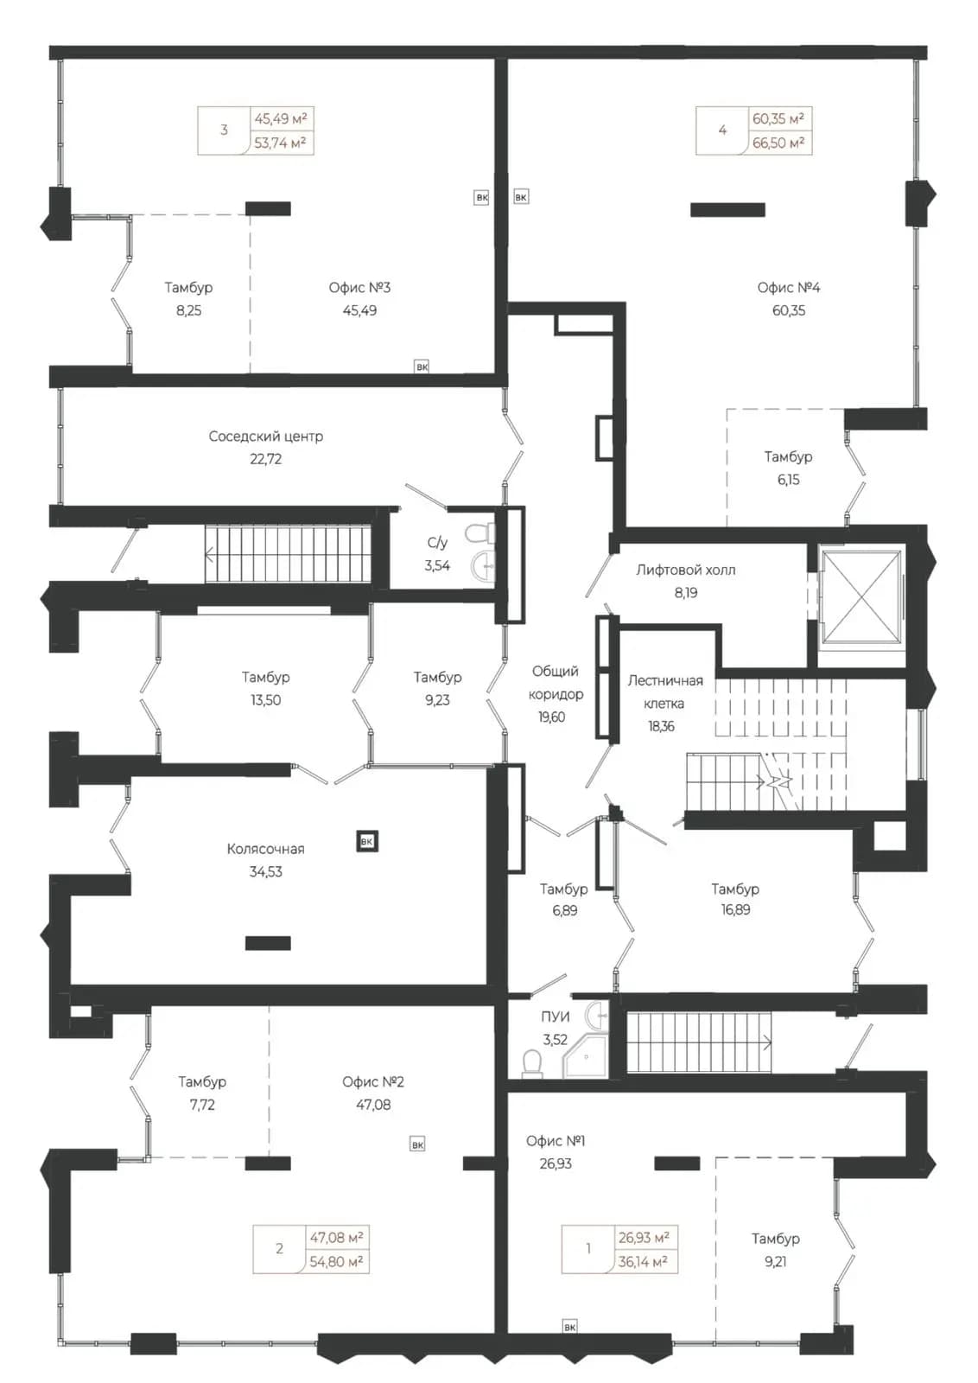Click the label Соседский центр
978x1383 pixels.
point(265,437)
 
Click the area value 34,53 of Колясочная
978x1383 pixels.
point(265,872)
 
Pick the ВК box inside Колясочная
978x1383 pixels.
point(367,842)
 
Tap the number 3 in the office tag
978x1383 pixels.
point(224,130)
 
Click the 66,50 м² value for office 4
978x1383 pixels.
point(778,143)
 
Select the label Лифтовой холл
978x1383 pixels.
point(685,570)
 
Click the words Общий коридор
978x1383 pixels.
point(556,682)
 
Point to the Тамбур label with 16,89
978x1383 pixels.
point(735,889)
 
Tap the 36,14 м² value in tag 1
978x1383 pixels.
point(643,1262)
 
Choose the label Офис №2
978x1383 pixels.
point(372,1081)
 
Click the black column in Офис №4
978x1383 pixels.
point(727,210)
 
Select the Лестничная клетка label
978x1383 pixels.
point(665,692)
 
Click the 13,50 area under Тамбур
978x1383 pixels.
point(265,700)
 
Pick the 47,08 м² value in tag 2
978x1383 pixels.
point(336,1237)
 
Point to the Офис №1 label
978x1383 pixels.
point(556,1140)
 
